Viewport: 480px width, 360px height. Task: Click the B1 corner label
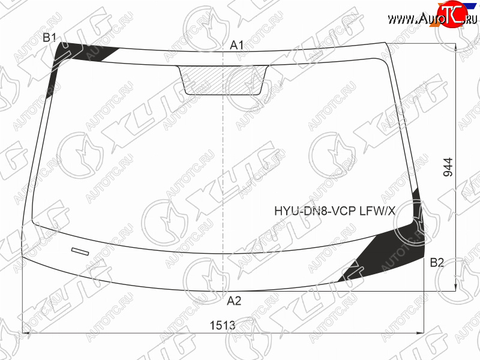49,38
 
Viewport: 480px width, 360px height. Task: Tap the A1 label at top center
236,46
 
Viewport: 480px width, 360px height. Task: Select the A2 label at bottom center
234,301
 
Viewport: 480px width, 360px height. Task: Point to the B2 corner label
437,263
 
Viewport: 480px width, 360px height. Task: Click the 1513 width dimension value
223,325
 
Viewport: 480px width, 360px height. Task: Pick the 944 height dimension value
448,167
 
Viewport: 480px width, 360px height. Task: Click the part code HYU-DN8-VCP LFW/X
335,211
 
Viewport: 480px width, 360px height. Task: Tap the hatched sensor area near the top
223,80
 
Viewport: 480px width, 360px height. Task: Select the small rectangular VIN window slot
80,251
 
